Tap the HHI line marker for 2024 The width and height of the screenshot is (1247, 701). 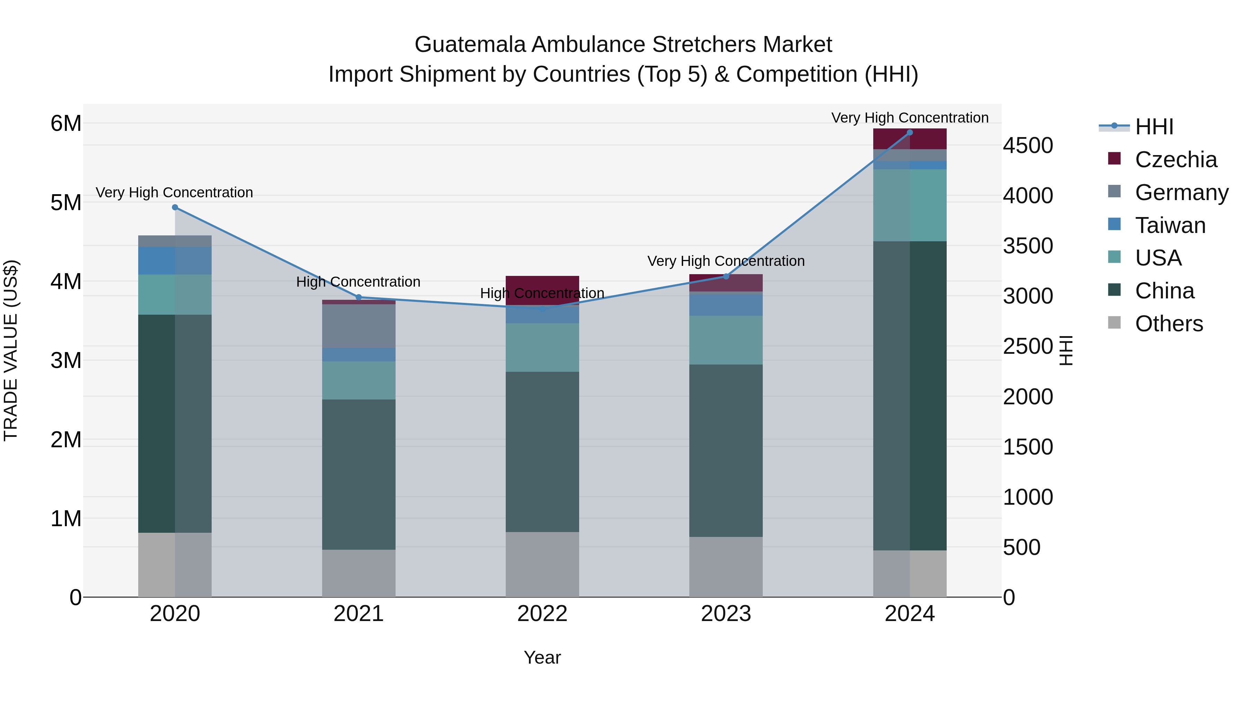point(910,133)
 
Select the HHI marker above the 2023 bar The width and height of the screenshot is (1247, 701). point(726,277)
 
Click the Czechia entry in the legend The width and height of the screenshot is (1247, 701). point(1175,160)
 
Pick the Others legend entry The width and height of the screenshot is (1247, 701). point(1169,324)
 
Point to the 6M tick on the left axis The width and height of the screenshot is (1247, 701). point(66,123)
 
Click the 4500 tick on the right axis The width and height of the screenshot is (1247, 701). point(1028,145)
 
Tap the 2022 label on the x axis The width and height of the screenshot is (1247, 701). point(542,614)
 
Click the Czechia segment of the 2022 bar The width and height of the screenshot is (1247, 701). point(542,290)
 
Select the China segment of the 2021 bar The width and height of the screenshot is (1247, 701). point(359,474)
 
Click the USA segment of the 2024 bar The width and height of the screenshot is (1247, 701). point(910,205)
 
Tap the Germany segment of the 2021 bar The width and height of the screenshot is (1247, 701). point(359,326)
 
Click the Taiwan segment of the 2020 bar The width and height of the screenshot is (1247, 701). point(175,261)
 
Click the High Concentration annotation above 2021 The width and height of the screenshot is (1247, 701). point(358,282)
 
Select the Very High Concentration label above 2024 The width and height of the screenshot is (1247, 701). point(910,118)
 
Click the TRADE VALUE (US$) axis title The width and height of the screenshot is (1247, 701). point(11,350)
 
